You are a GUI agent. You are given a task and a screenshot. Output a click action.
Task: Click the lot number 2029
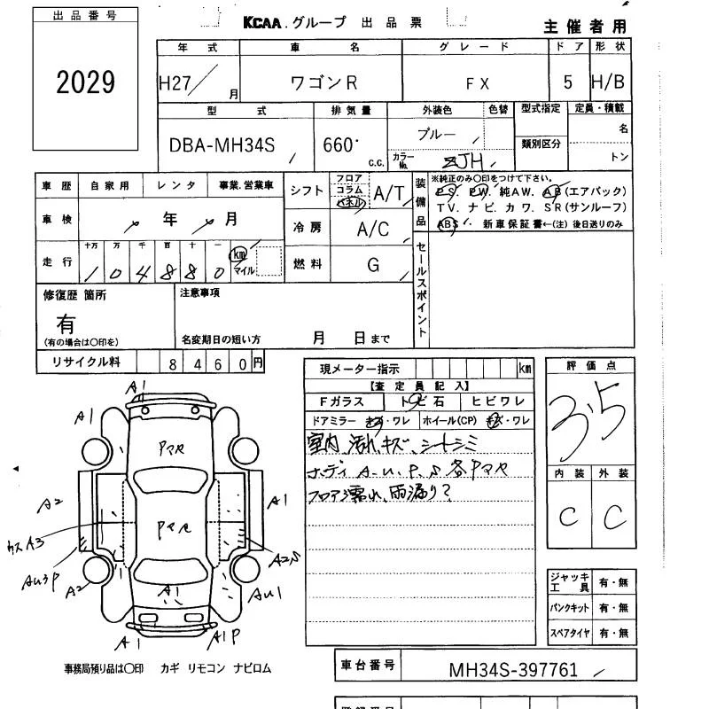86,83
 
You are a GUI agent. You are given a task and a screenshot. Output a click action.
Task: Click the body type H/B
607,82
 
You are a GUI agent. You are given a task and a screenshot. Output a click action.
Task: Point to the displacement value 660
339,145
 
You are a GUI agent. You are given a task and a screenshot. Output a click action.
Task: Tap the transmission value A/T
387,193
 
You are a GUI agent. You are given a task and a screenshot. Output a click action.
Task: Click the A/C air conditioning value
372,229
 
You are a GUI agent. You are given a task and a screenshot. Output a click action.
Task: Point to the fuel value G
373,264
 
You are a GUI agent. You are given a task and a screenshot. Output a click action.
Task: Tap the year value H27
176,82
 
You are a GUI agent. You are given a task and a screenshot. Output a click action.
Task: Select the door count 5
567,82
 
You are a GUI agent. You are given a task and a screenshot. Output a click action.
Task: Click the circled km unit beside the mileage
238,254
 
